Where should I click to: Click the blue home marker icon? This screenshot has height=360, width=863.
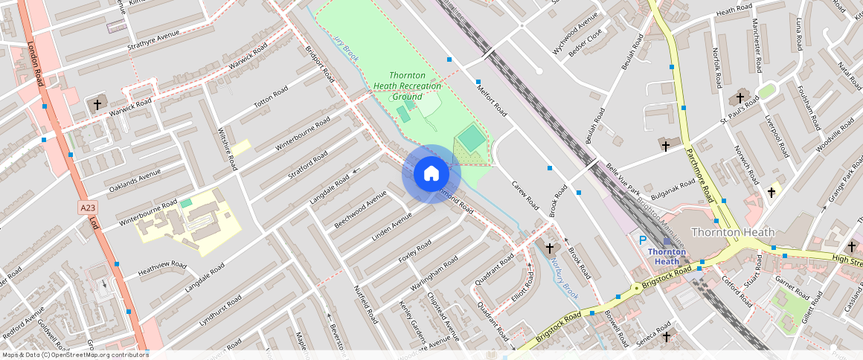(x=431, y=173)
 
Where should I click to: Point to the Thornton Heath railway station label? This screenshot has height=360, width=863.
(x=667, y=256)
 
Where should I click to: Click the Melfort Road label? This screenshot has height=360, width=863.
(x=492, y=100)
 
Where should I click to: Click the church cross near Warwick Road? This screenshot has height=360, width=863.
(x=97, y=105)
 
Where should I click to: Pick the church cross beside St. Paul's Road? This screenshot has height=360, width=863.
(x=740, y=97)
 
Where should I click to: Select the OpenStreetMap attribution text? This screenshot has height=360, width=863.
(x=74, y=355)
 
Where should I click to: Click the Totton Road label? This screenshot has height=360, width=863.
(x=270, y=97)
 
